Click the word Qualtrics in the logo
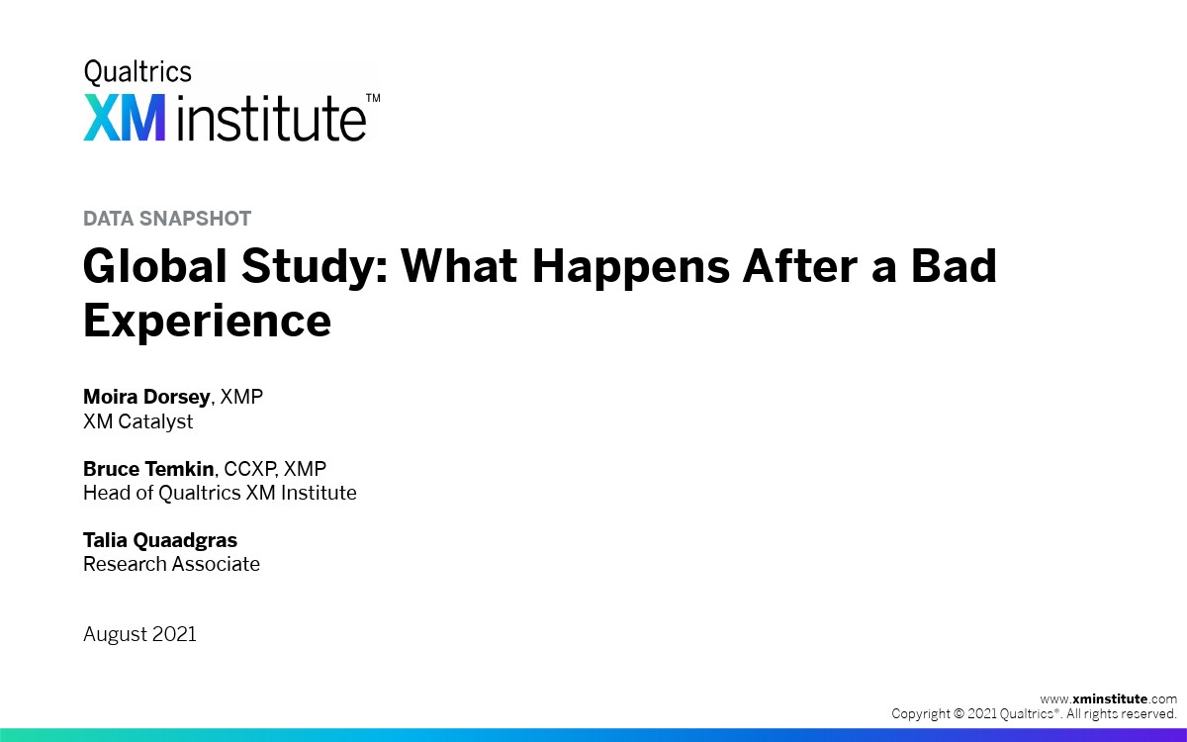coord(137,72)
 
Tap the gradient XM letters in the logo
coord(124,118)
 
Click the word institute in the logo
coord(271,118)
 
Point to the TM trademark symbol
coord(373,98)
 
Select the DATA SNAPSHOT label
coord(167,219)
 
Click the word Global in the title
coord(155,265)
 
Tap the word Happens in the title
coord(631,268)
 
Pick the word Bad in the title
coord(954,265)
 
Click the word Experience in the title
coord(207,322)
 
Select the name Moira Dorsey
coord(146,397)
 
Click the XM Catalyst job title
coord(137,421)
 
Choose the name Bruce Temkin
coord(148,469)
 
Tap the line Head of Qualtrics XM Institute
coord(220,493)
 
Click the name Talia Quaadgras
coord(160,540)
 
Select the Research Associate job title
coord(172,564)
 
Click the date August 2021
coord(139,634)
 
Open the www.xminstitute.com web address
coord(1109,699)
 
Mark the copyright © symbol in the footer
coord(959,714)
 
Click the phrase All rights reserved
coord(1122,714)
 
